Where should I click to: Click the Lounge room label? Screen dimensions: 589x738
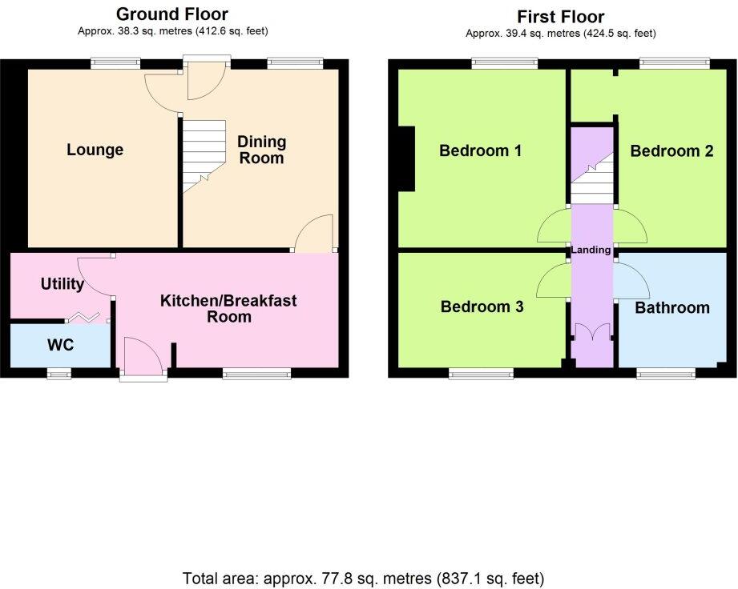[95, 150]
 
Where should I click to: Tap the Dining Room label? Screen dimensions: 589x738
[262, 150]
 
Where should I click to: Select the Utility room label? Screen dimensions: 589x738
[62, 284]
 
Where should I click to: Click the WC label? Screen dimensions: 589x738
[60, 347]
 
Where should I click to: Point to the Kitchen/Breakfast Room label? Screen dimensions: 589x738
[228, 308]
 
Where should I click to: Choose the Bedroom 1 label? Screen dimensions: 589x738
[481, 150]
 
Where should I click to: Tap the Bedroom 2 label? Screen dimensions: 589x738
[671, 150]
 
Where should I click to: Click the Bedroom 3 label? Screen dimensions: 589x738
[481, 307]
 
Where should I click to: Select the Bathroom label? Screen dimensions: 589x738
[671, 307]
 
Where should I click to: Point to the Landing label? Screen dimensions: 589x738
[591, 250]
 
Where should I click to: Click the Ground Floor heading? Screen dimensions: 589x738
[172, 14]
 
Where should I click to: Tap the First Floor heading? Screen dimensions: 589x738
[561, 17]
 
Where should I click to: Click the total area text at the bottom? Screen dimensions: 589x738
[364, 577]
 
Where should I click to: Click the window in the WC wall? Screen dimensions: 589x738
[58, 372]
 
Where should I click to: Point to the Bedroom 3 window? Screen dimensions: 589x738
[481, 372]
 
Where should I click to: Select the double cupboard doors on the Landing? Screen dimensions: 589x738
[591, 332]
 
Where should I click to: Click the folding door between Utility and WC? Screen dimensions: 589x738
[87, 319]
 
